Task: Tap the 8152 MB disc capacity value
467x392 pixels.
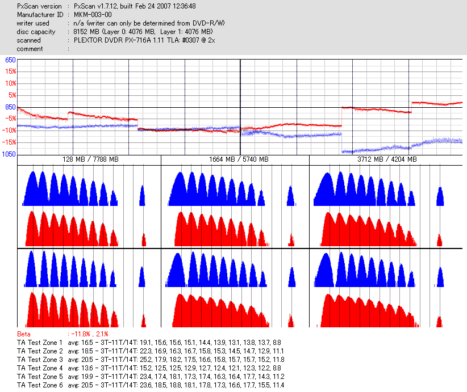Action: [x=85, y=32]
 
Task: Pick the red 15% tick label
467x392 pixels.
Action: [x=11, y=71]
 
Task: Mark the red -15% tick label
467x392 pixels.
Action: [x=10, y=142]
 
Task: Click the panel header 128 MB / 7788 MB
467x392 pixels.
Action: [x=90, y=160]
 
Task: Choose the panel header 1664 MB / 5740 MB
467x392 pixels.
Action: [x=235, y=160]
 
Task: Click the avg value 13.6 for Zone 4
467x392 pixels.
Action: [x=88, y=368]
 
